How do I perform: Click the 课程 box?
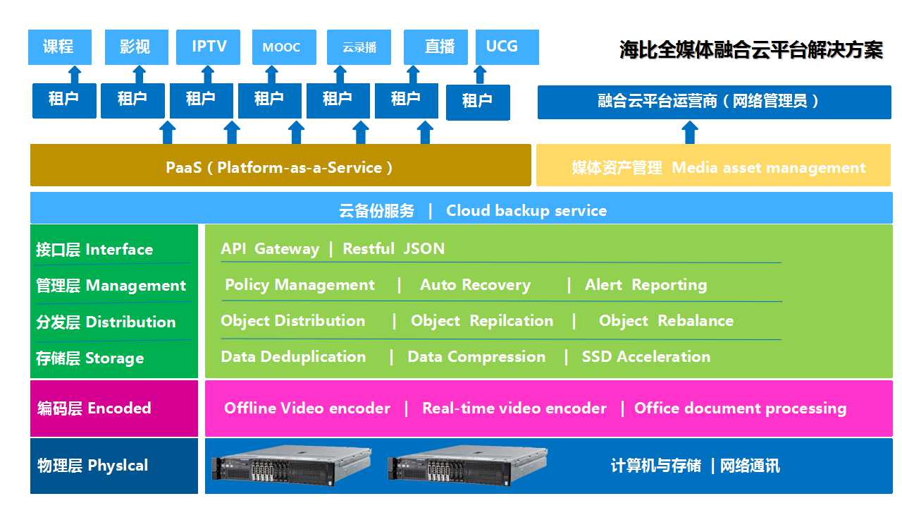click(60, 47)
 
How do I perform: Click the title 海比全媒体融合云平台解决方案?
click(750, 50)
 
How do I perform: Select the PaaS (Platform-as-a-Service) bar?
click(280, 167)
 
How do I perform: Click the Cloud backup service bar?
click(461, 210)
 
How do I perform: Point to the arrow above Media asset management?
click(691, 132)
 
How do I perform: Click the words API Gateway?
click(269, 249)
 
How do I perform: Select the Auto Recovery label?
click(475, 285)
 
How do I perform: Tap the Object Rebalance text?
click(666, 321)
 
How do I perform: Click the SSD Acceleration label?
click(645, 357)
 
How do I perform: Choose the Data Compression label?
click(476, 357)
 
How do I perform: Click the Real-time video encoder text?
click(514, 409)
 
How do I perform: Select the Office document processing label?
click(740, 409)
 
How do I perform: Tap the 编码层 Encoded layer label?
click(94, 409)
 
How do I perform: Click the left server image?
click(291, 465)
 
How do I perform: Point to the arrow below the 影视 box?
click(140, 74)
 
